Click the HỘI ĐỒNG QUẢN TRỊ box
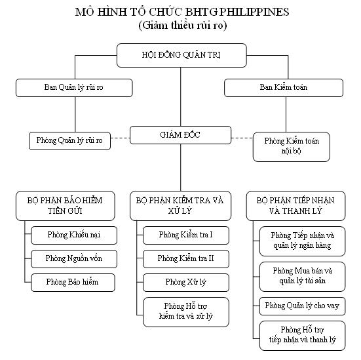[181, 55]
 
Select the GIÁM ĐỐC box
[181, 135]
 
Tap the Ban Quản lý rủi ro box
[74, 88]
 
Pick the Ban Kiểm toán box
[284, 88]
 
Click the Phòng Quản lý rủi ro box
[69, 141]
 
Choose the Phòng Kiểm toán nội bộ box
[292, 147]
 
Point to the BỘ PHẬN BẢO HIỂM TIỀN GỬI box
[66, 206]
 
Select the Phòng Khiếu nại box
[74, 235]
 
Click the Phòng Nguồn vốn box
[74, 259]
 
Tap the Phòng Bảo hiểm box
[73, 283]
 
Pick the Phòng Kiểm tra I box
[186, 235]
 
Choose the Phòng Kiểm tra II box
[186, 259]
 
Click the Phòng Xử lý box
[186, 283]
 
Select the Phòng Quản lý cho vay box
[303, 306]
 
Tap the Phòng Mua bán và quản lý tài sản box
[303, 277]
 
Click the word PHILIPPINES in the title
[254, 12]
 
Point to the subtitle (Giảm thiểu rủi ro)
[183, 26]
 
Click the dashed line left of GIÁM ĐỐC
[121, 138]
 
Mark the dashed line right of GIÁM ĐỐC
[242, 138]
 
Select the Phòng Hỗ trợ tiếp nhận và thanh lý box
[303, 336]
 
